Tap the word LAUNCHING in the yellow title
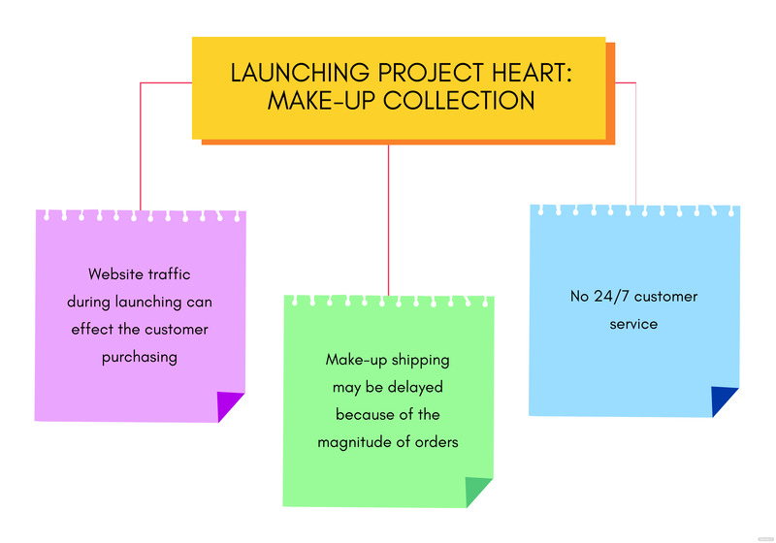point(285,73)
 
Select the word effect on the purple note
point(95,329)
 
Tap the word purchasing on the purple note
point(140,356)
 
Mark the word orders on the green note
point(436,442)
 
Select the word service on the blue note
point(633,324)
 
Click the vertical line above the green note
point(388,219)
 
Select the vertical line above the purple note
point(141,145)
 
